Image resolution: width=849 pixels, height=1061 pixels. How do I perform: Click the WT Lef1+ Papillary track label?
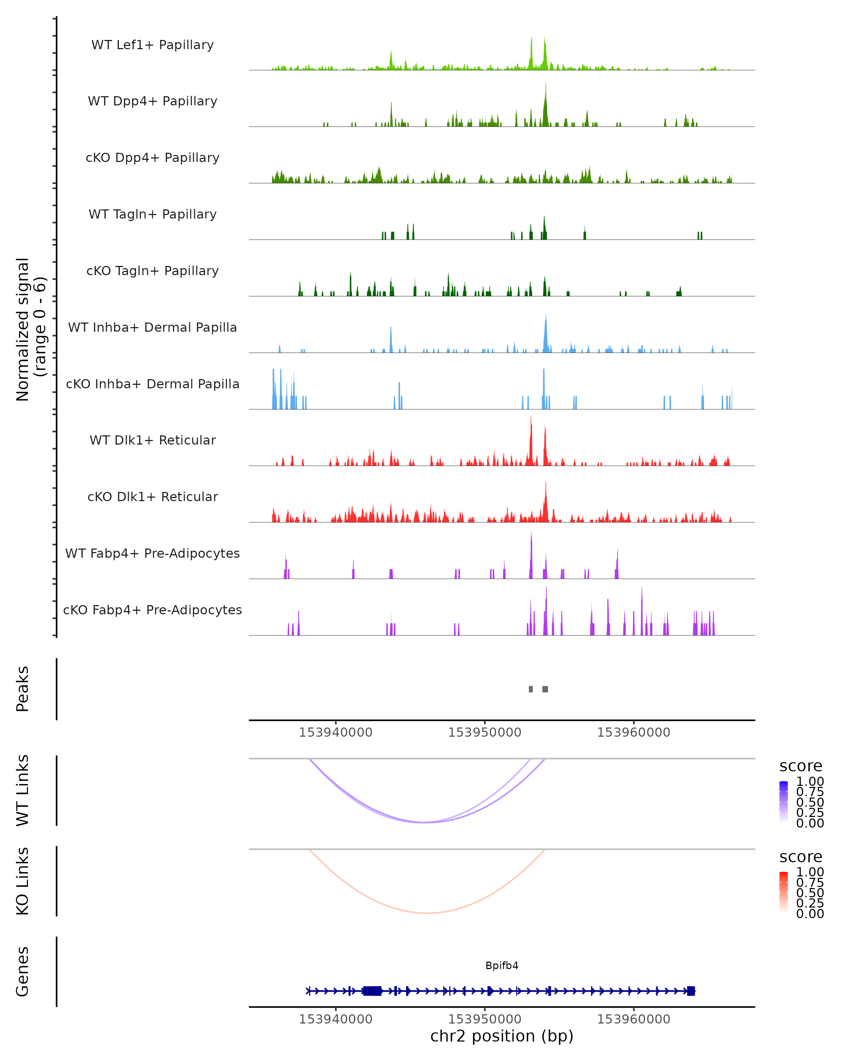coord(152,45)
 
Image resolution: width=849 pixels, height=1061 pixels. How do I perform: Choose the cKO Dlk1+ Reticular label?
coord(152,497)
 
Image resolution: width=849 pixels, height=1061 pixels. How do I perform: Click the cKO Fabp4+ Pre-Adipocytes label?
coord(152,610)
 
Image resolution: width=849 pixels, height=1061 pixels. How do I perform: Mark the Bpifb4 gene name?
coord(502,966)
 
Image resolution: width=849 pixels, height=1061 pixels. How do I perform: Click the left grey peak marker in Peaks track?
coord(531,689)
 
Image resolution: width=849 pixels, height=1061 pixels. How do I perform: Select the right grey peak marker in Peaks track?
coord(545,689)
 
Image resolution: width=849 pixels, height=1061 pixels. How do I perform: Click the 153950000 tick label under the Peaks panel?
coord(484,732)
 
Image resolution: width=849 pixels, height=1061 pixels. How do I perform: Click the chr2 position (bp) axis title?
coord(502,1036)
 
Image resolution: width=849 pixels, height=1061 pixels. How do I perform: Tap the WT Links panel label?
coord(23,790)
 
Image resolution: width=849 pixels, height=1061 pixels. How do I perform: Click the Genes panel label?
coord(23,972)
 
